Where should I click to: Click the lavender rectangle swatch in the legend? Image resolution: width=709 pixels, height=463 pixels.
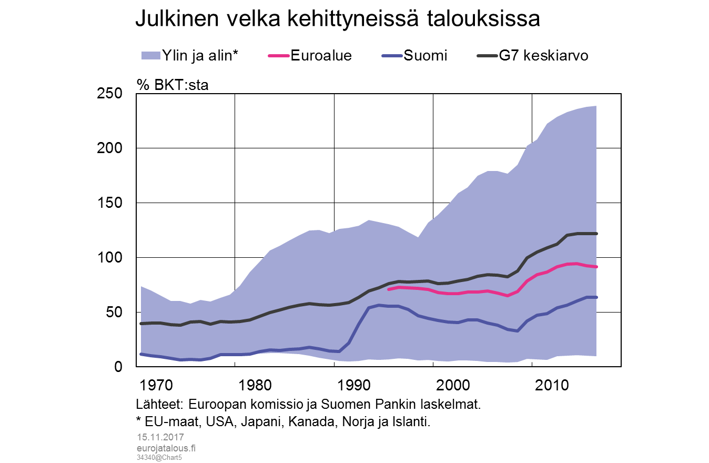pyautogui.click(x=151, y=55)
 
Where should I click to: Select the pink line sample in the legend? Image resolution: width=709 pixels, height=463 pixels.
pyautogui.click(x=279, y=55)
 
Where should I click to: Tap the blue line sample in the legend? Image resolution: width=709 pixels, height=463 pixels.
pyautogui.click(x=392, y=55)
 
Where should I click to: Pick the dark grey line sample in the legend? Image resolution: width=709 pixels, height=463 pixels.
pyautogui.click(x=487, y=55)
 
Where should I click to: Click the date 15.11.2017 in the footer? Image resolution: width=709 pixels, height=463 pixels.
pyautogui.click(x=160, y=437)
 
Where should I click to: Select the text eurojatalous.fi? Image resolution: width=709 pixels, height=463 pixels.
pyautogui.click(x=166, y=448)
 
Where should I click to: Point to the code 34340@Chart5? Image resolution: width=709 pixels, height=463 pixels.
pyautogui.click(x=159, y=458)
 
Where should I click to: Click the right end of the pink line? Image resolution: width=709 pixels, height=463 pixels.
pyautogui.click(x=596, y=267)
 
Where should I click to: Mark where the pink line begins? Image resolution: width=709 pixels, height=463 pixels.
pyautogui.click(x=389, y=289)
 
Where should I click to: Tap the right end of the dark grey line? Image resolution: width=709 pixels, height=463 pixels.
pyautogui.click(x=596, y=234)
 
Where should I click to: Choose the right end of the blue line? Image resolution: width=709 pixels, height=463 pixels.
pyautogui.click(x=596, y=297)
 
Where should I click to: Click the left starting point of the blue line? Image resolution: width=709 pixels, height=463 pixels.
pyautogui.click(x=141, y=354)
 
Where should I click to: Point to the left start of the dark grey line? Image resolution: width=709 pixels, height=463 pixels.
pyautogui.click(x=141, y=324)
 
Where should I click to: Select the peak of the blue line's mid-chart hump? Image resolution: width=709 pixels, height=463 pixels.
pyautogui.click(x=379, y=305)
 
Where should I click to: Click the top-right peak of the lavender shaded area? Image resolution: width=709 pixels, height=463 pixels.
pyautogui.click(x=595, y=106)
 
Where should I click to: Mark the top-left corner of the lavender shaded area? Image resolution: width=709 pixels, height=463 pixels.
pyautogui.click(x=141, y=287)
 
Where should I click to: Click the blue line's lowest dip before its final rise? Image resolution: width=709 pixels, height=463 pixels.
pyautogui.click(x=518, y=331)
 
